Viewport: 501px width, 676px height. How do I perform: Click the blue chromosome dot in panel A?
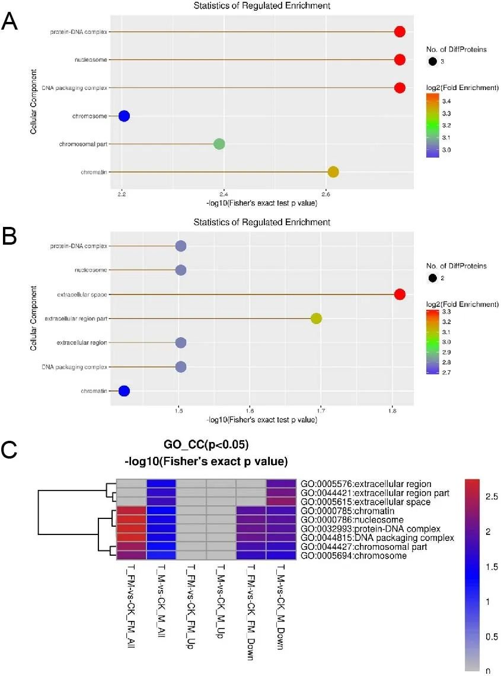click(x=124, y=116)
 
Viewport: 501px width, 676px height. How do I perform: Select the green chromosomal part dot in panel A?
click(x=219, y=144)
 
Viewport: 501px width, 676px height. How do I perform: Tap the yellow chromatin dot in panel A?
click(x=333, y=172)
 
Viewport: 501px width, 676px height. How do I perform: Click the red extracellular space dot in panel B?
click(x=400, y=294)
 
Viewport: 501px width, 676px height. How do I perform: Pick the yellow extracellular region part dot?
click(x=316, y=319)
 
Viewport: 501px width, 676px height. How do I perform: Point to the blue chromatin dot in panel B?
click(x=124, y=390)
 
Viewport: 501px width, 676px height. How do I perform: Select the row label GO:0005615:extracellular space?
click(x=366, y=502)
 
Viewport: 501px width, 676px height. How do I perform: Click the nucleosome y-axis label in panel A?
click(x=91, y=60)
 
